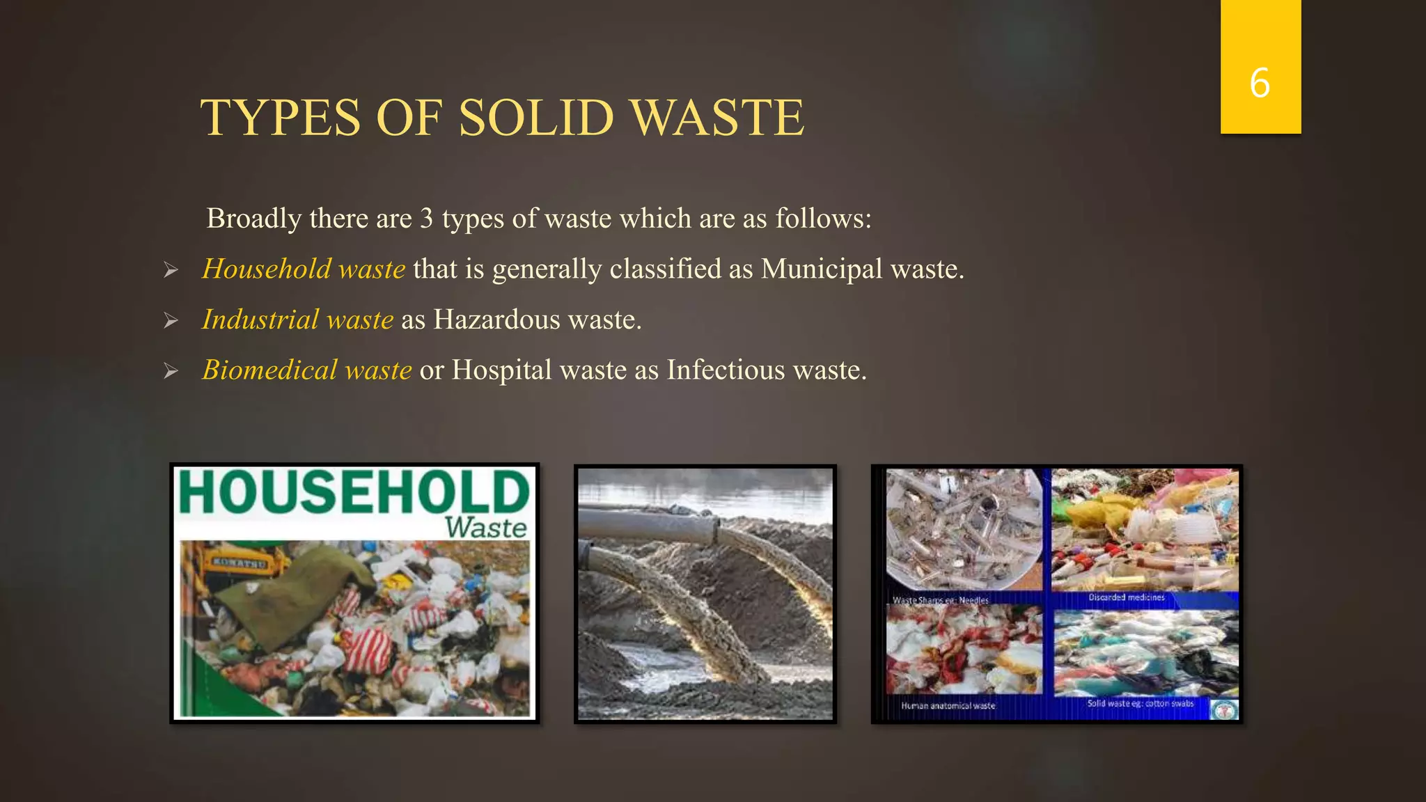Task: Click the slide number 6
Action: (1260, 83)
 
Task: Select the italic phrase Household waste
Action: (304, 269)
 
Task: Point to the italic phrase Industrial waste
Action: (298, 320)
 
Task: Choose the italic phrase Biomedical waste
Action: (307, 370)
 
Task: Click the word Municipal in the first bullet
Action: (822, 269)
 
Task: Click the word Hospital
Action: (501, 370)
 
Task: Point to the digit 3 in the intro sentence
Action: (426, 219)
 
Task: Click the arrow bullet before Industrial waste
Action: (171, 320)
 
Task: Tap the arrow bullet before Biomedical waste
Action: (171, 371)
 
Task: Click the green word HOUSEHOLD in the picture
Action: (354, 492)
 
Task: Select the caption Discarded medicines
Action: (1127, 597)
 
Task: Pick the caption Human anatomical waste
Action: (948, 706)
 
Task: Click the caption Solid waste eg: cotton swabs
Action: (1140, 704)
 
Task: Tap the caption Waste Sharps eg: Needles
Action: (941, 600)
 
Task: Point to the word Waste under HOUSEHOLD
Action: (486, 528)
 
